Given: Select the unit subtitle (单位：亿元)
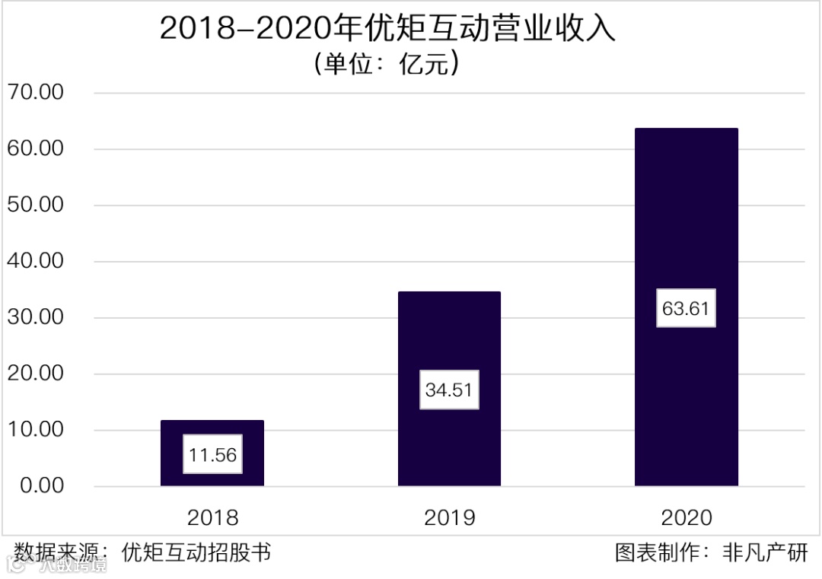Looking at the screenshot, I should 386,63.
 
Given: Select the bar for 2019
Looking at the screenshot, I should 449,342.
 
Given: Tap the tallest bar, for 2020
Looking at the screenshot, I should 686,228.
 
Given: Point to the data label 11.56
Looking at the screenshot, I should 212,455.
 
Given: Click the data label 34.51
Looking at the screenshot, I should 449,390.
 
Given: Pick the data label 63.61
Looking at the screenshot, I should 686,309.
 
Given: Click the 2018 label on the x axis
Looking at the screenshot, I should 212,518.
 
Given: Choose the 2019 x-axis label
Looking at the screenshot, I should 449,518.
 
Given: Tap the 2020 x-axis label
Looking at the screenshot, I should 686,518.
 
